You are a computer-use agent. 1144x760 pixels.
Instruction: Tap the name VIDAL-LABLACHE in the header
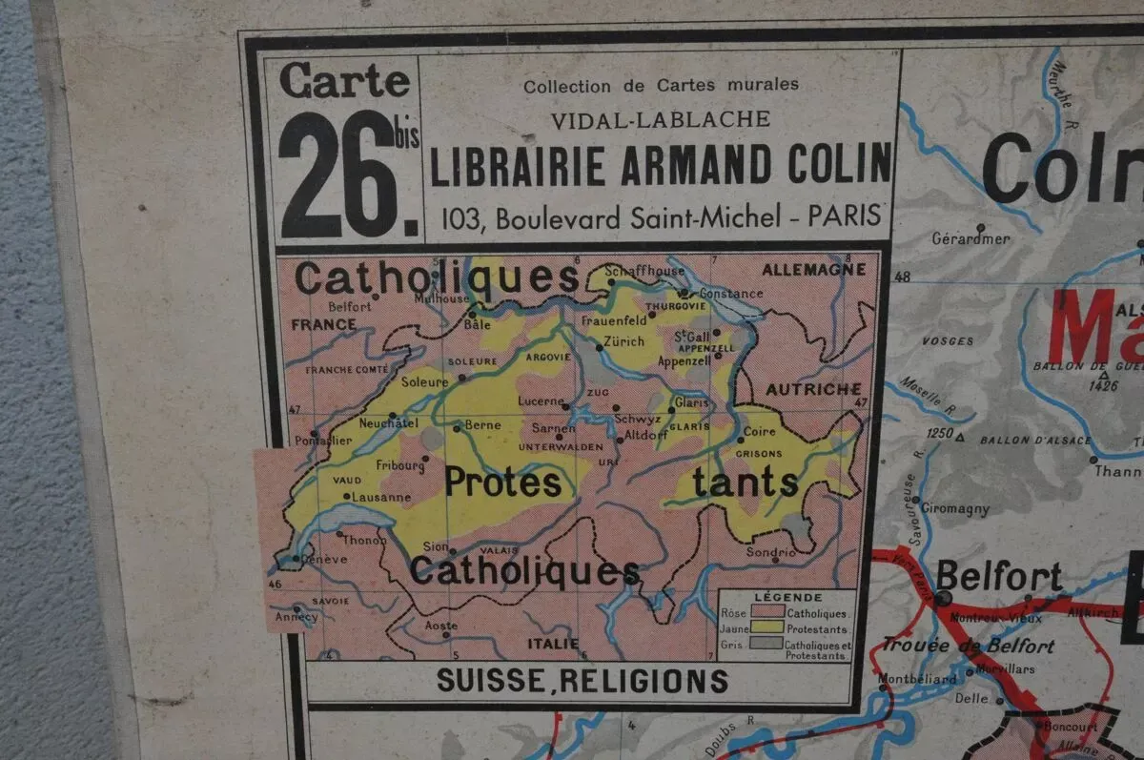click(661, 120)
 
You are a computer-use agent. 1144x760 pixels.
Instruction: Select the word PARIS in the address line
click(844, 216)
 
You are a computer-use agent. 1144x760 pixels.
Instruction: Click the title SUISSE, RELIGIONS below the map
click(582, 682)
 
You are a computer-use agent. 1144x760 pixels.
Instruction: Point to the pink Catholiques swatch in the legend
click(767, 612)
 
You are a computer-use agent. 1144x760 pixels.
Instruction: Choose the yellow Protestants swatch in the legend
click(767, 627)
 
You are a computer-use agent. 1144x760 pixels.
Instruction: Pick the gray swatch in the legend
click(767, 646)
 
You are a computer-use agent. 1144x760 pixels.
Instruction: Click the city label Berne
click(481, 425)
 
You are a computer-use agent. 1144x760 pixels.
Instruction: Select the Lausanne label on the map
click(381, 497)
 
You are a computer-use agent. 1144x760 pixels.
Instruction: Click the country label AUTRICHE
click(813, 389)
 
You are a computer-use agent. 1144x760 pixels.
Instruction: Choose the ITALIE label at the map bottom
click(553, 644)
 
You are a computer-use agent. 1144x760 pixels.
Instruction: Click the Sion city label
click(435, 546)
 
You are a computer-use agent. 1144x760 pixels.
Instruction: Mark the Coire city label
click(759, 431)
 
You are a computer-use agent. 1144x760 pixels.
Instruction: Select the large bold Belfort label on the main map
click(998, 576)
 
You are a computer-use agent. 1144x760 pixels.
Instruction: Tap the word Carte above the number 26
click(344, 81)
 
